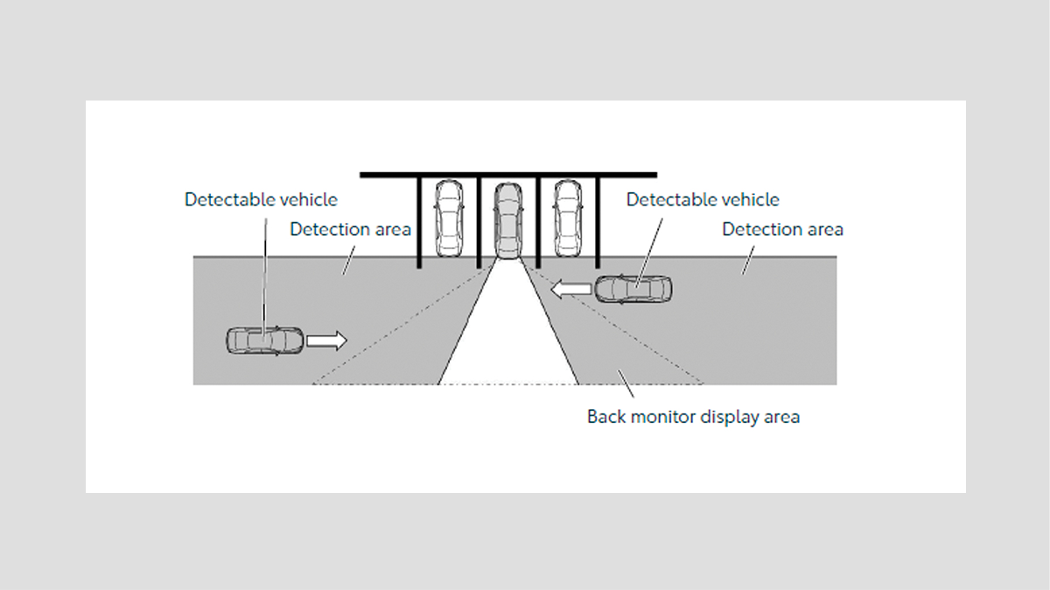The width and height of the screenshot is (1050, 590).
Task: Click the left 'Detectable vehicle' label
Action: tap(261, 199)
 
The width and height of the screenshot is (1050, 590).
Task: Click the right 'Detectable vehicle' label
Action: tap(703, 199)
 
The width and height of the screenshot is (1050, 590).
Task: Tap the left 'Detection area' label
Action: tap(350, 229)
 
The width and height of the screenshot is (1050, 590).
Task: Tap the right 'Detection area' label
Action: tap(782, 229)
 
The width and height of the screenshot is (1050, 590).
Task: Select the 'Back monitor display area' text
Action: tap(693, 416)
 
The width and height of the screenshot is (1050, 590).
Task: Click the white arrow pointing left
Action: tap(570, 288)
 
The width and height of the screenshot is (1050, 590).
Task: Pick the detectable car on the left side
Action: tap(265, 340)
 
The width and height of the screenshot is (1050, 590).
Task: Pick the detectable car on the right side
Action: tap(634, 288)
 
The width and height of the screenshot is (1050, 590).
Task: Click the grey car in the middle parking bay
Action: tap(507, 220)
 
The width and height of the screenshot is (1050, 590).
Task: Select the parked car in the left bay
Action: tap(449, 218)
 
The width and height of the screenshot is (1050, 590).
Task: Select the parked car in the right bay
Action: tap(567, 218)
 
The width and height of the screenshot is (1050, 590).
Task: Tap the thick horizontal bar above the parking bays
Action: tap(507, 175)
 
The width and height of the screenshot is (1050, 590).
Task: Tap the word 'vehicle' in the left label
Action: tap(307, 199)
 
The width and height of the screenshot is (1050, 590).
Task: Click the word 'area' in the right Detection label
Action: tap(824, 229)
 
